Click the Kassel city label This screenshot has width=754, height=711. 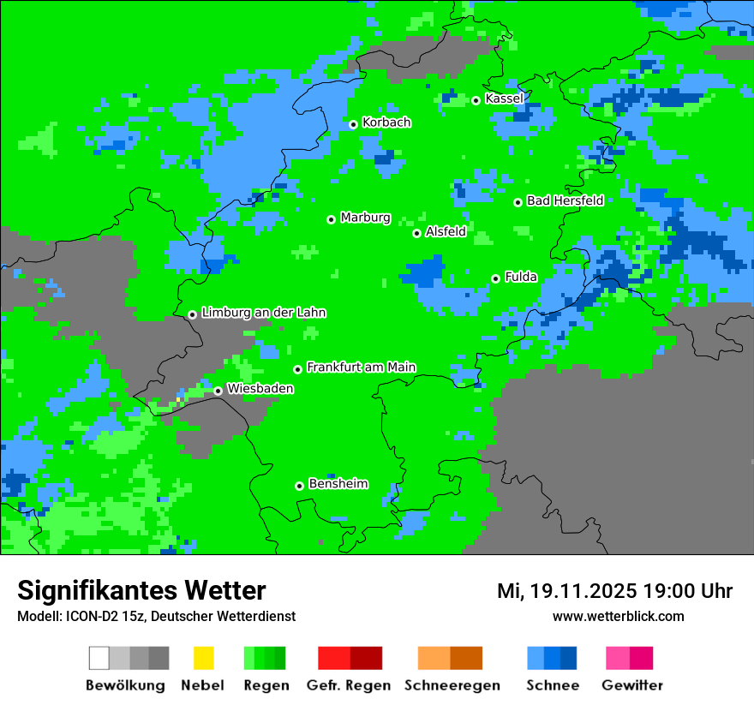click(504, 99)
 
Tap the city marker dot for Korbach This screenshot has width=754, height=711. click(353, 124)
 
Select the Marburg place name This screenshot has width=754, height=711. click(365, 218)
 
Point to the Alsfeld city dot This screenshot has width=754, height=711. click(417, 233)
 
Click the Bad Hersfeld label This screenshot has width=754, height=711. click(565, 200)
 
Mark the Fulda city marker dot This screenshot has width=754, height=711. click(496, 278)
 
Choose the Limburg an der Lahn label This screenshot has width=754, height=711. click(263, 313)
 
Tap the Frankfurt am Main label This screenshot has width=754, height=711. click(361, 367)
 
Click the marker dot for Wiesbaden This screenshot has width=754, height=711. click(218, 391)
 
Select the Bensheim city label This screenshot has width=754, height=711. click(338, 484)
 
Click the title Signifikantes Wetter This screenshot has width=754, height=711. click(141, 591)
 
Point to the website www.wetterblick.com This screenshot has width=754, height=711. click(618, 617)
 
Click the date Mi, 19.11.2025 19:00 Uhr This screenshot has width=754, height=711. click(614, 591)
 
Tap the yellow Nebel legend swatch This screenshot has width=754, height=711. click(203, 658)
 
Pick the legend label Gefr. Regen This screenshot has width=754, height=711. click(349, 685)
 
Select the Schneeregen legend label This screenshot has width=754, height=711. click(451, 685)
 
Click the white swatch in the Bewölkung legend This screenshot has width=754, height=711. click(99, 658)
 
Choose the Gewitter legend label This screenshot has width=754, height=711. click(632, 685)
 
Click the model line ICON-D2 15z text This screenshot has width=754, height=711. click(156, 617)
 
